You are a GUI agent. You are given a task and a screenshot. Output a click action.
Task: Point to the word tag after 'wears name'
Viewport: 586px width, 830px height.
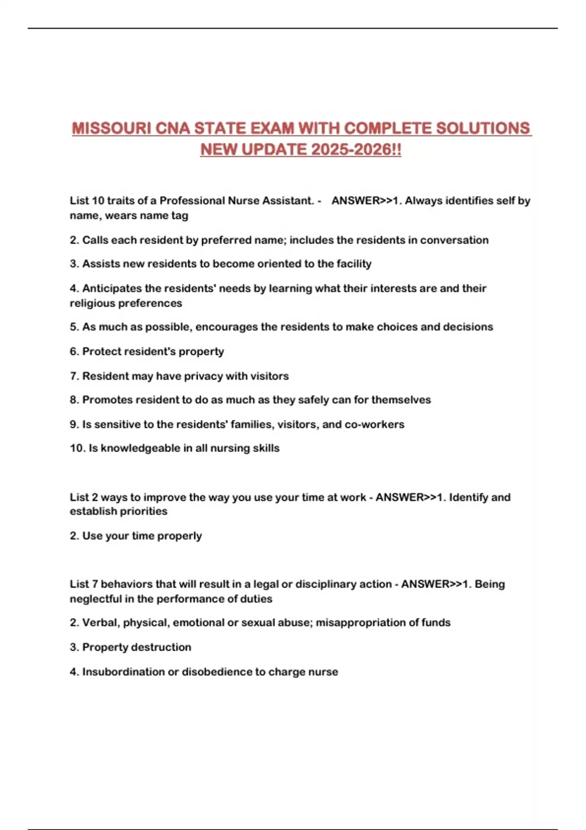tap(180, 215)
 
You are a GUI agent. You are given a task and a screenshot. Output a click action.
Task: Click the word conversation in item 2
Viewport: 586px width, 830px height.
tap(454, 240)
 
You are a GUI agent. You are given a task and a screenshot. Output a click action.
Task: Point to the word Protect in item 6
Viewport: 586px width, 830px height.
tap(101, 352)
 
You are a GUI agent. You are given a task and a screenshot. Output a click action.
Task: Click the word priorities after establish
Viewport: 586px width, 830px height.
tap(143, 511)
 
